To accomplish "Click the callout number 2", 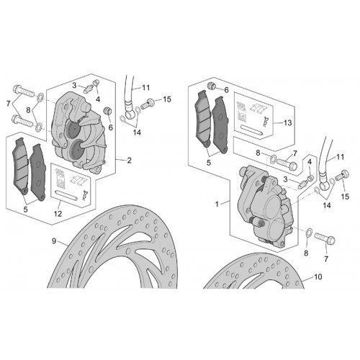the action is click(x=129, y=161).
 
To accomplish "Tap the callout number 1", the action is click(x=217, y=204).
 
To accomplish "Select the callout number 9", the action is click(x=54, y=241).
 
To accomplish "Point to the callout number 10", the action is click(x=318, y=276).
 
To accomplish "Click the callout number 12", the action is click(x=58, y=214).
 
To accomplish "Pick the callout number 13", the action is click(x=287, y=123).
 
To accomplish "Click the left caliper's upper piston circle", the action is click(x=72, y=129).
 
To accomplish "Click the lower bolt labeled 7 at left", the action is click(x=23, y=121).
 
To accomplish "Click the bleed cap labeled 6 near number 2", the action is click(x=107, y=111).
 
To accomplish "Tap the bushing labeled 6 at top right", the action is click(x=211, y=86).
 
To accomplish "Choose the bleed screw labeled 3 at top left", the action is click(x=89, y=89).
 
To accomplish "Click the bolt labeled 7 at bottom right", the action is click(x=325, y=238).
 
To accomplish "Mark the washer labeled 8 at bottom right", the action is click(x=310, y=232).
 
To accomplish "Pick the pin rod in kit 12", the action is click(x=66, y=195).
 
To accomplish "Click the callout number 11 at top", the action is click(x=146, y=88).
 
